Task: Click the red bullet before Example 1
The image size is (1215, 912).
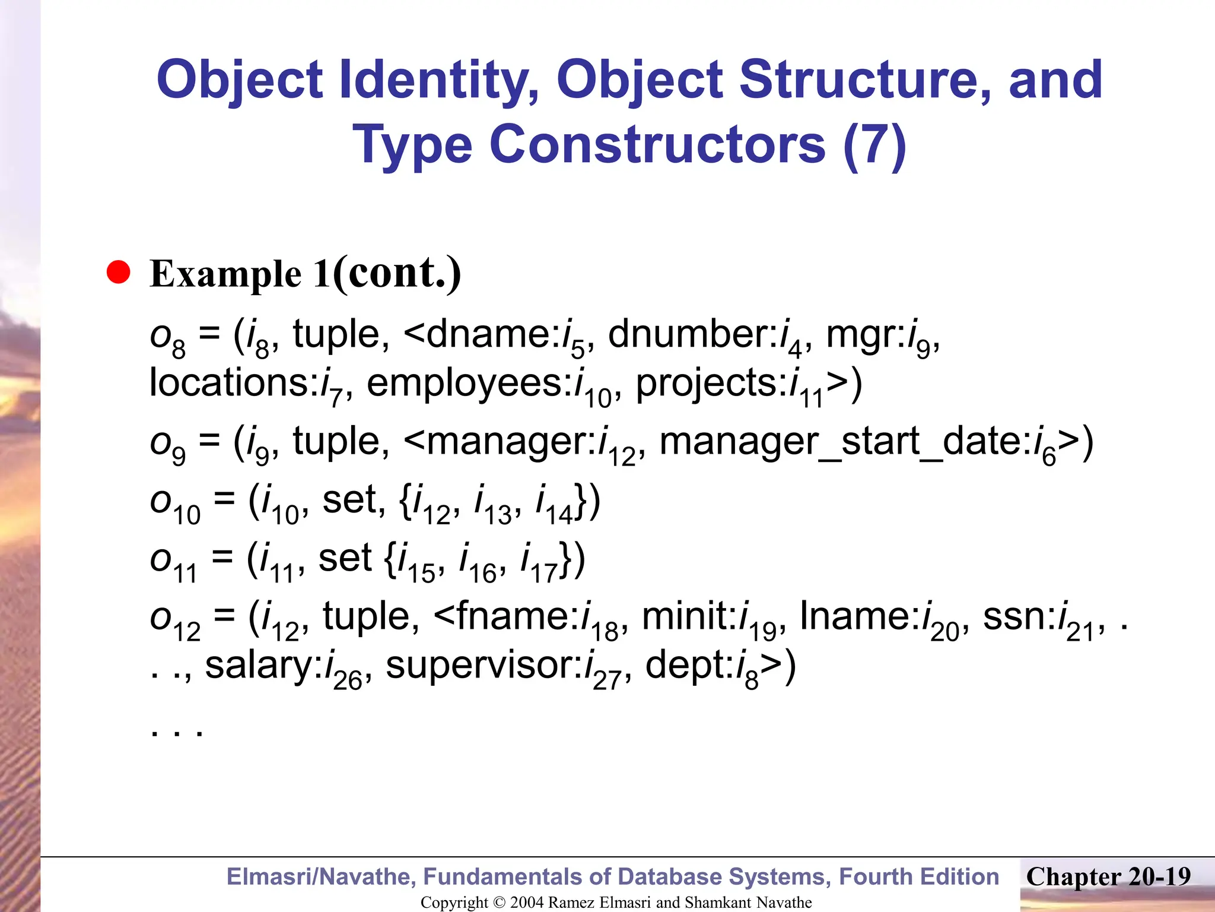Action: pyautogui.click(x=119, y=273)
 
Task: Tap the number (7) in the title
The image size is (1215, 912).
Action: pyautogui.click(x=874, y=145)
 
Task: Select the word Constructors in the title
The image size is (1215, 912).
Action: pyautogui.click(x=657, y=145)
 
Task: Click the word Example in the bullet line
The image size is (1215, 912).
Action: pyautogui.click(x=225, y=274)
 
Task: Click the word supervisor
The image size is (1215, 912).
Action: pyautogui.click(x=484, y=665)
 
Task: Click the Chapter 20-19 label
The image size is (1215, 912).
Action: pyautogui.click(x=1108, y=877)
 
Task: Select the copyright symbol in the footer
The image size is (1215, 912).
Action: pyautogui.click(x=500, y=902)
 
